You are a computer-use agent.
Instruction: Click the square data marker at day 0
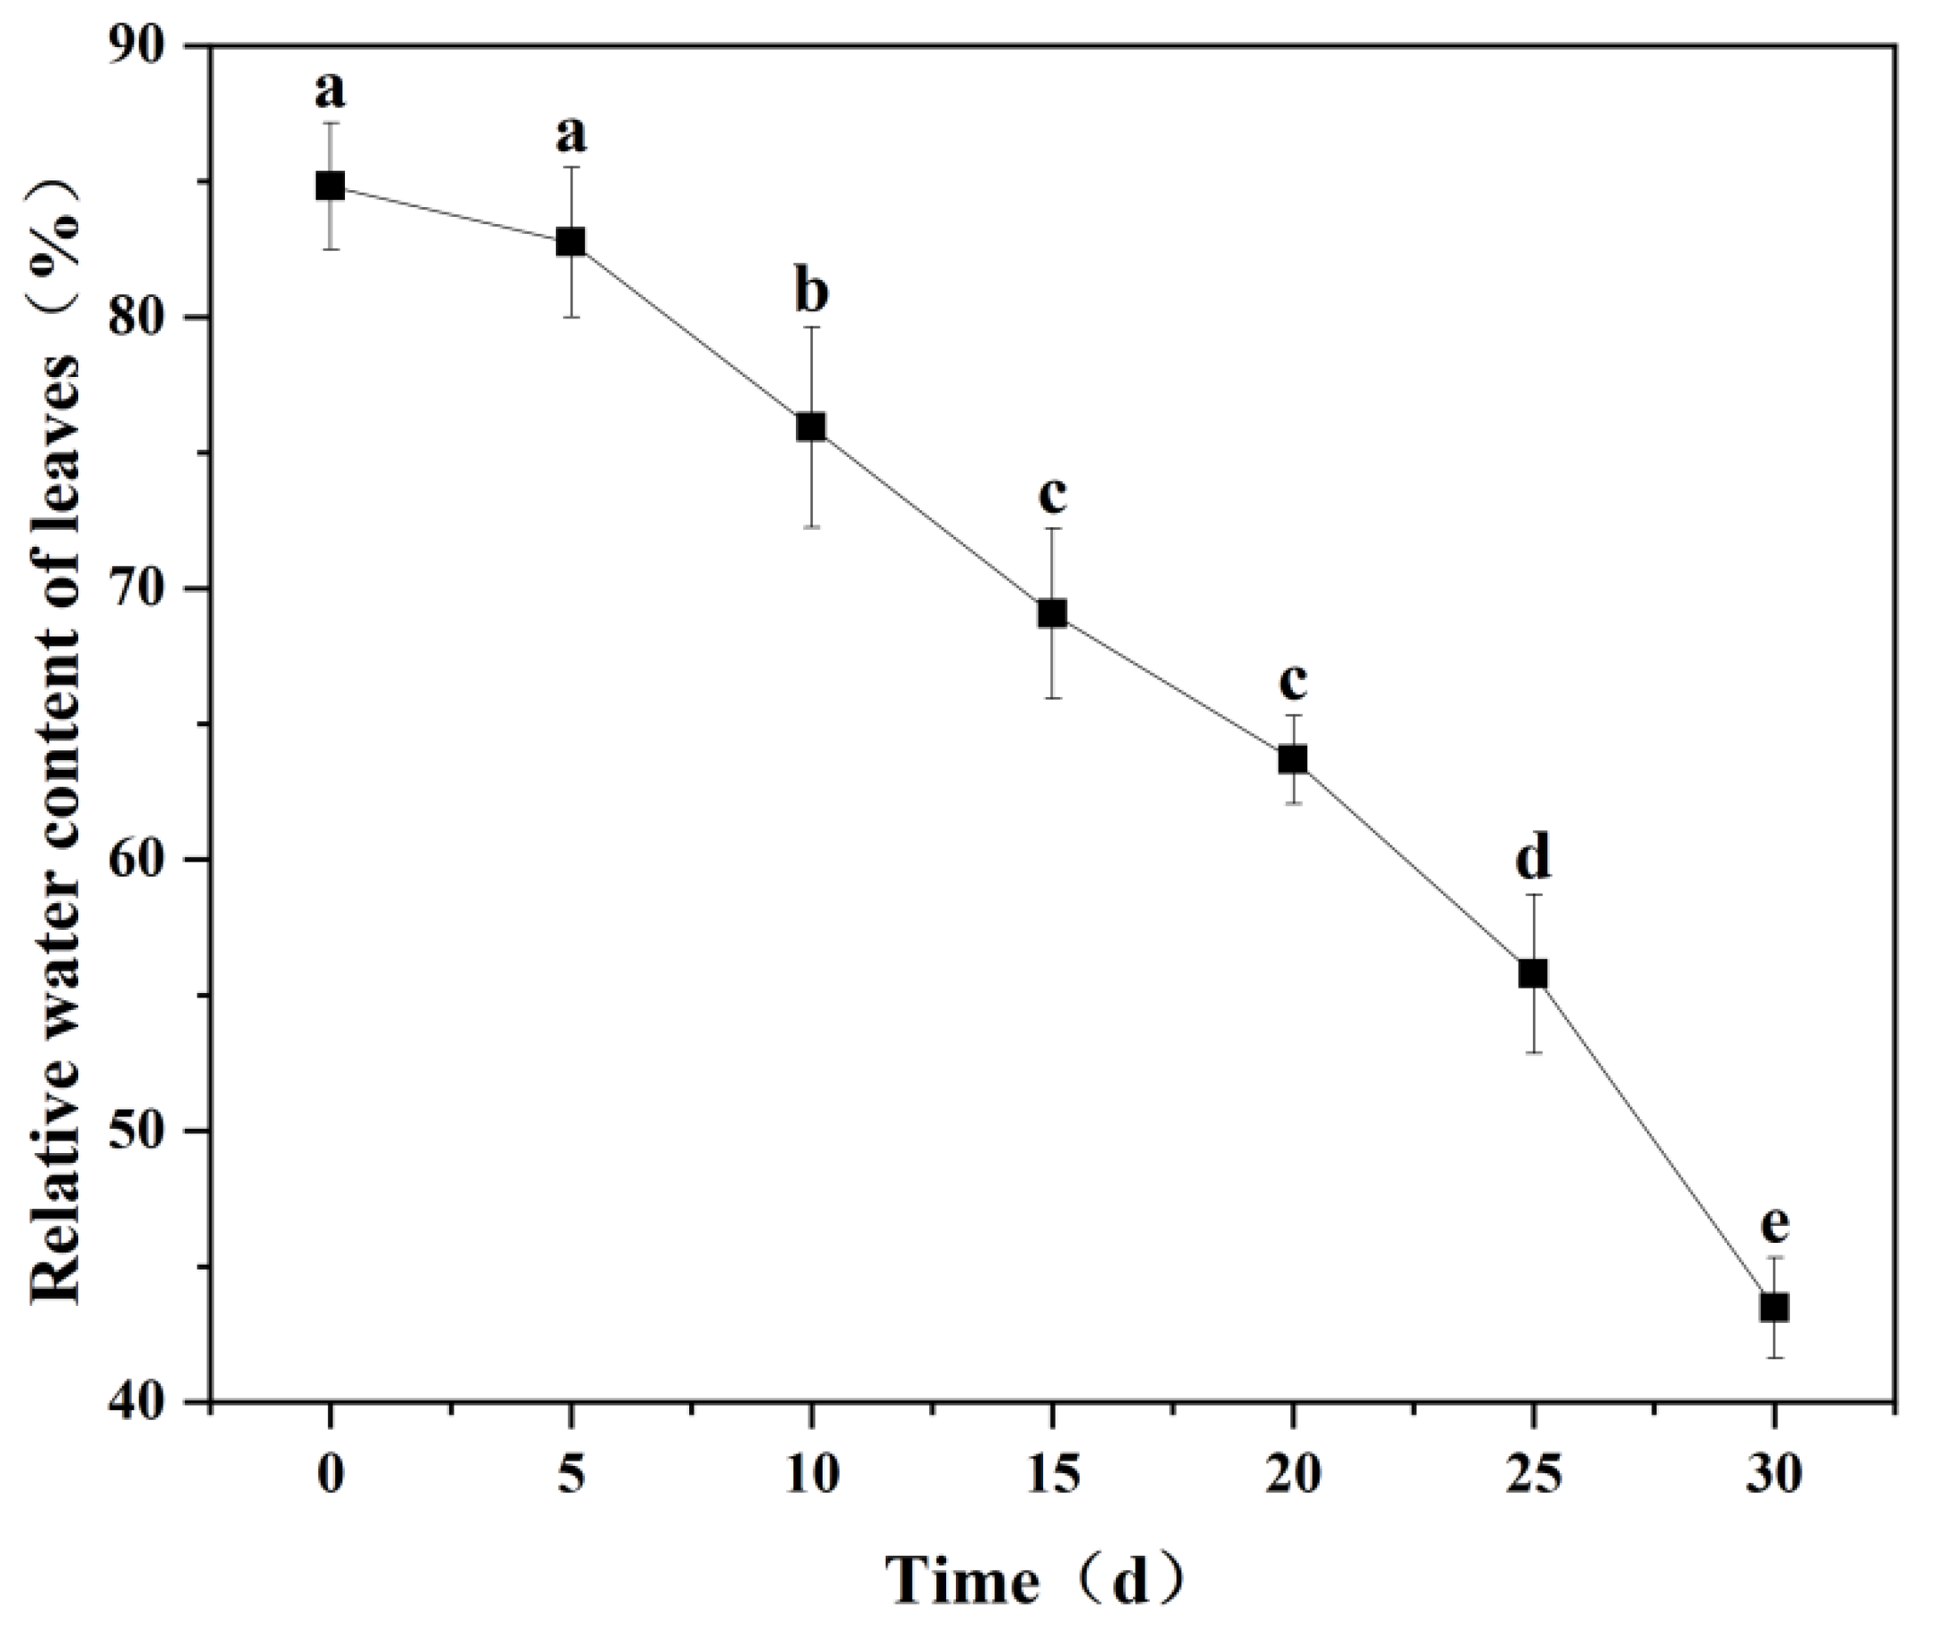(x=330, y=186)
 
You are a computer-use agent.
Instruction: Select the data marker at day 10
(x=811, y=427)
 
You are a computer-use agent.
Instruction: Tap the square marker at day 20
(x=1293, y=759)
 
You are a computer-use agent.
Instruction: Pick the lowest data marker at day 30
(x=1774, y=1307)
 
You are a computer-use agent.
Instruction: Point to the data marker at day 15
(x=1052, y=613)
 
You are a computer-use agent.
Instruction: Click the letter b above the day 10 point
(x=811, y=292)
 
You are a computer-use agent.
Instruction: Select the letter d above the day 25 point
(x=1533, y=859)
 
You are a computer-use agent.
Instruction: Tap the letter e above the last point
(x=1774, y=1224)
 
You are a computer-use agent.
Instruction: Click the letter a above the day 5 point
(x=571, y=136)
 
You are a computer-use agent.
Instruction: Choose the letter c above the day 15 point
(x=1052, y=496)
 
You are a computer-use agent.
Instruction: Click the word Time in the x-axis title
(x=964, y=1581)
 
